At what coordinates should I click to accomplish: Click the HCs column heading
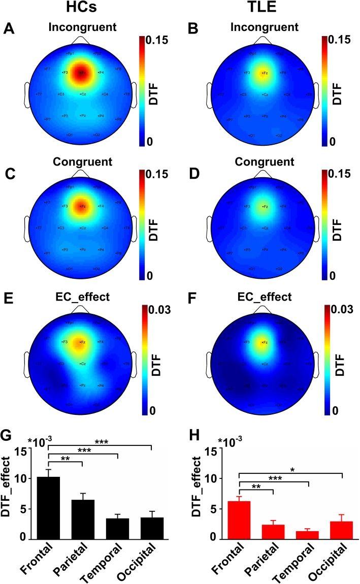(x=82, y=10)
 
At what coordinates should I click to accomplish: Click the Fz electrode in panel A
(x=81, y=73)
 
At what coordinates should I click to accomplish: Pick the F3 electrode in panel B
(x=246, y=73)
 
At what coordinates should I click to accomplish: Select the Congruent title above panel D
(x=264, y=162)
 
